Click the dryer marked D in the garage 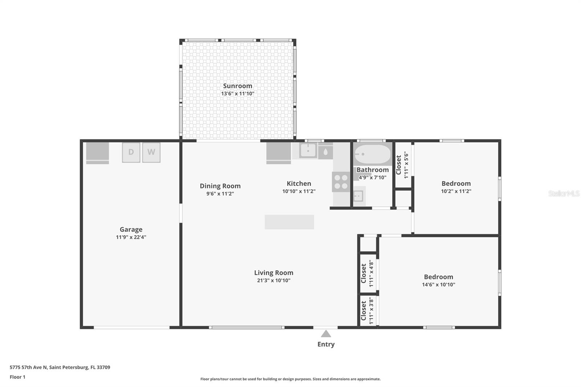pos(131,152)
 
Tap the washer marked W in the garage pos(151,152)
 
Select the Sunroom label pos(237,86)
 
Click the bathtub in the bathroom pos(373,154)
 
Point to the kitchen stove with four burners pos(341,182)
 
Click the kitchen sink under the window pos(308,150)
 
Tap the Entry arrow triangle pos(326,334)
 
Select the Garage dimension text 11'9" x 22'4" pos(131,237)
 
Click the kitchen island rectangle pos(289,222)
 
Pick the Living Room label pos(273,273)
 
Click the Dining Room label pos(220,186)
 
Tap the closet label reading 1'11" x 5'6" pos(402,165)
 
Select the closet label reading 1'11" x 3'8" pos(367,311)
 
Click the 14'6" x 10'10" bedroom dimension pos(438,285)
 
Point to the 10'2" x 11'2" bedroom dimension pos(456,191)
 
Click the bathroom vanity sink pos(358,196)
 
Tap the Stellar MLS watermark pos(564,193)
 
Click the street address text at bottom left pos(60,367)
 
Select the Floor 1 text pos(17,377)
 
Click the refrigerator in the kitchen pos(279,152)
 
